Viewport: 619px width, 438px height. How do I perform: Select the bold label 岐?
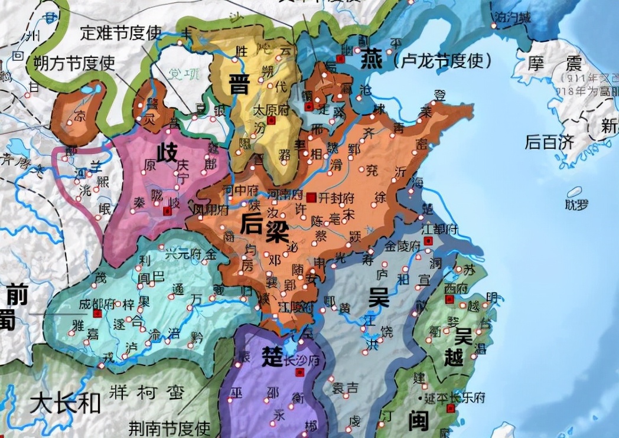tap(167, 153)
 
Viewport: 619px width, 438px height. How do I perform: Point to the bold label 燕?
tap(373, 60)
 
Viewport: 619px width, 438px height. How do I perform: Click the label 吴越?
tap(463, 347)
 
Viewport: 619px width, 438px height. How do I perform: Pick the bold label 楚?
tap(272, 356)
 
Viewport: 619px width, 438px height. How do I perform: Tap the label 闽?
tap(418, 420)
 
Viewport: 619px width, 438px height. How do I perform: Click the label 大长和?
tap(66, 404)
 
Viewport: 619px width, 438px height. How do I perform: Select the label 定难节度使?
tap(120, 32)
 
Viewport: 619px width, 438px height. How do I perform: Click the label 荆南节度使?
tap(170, 427)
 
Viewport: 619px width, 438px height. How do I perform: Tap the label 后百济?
tap(549, 141)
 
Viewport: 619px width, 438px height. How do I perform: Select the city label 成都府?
tap(97, 304)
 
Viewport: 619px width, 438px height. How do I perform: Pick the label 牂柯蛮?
tap(147, 392)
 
